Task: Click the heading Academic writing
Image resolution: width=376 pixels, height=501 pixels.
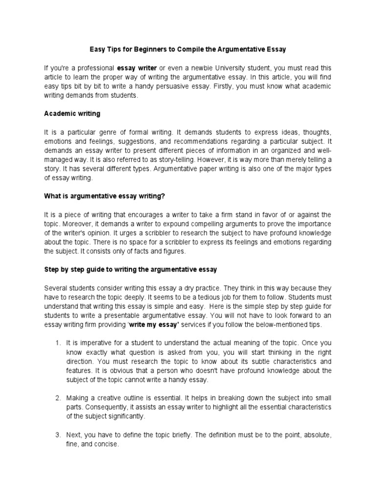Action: pyautogui.click(x=72, y=114)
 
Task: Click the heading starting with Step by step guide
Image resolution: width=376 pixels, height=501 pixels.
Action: pyautogui.click(x=130, y=270)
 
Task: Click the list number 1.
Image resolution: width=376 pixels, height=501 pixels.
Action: pyautogui.click(x=57, y=343)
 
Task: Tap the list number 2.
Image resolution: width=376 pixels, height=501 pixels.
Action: pyautogui.click(x=57, y=398)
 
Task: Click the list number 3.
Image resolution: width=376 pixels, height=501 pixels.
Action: pyautogui.click(x=57, y=435)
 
